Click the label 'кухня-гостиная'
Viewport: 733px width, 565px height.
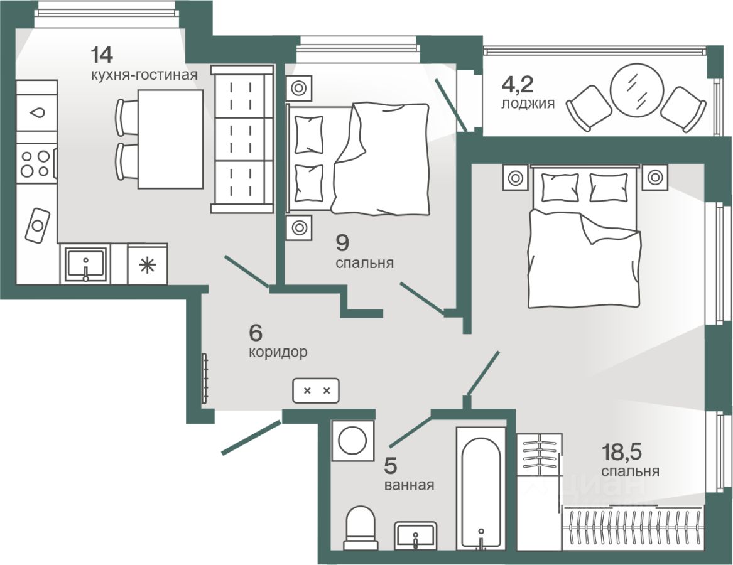click(143, 75)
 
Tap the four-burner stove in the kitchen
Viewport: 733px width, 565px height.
click(35, 162)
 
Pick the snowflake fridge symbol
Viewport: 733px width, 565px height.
click(148, 266)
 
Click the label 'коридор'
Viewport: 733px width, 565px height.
click(278, 352)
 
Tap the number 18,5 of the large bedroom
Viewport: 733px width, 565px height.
click(622, 451)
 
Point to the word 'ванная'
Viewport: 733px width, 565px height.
click(410, 485)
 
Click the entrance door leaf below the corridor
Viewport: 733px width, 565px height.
click(251, 438)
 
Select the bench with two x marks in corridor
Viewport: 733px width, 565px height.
click(316, 390)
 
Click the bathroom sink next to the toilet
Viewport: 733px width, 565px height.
click(415, 535)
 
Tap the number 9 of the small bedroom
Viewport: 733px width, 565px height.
click(342, 241)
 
